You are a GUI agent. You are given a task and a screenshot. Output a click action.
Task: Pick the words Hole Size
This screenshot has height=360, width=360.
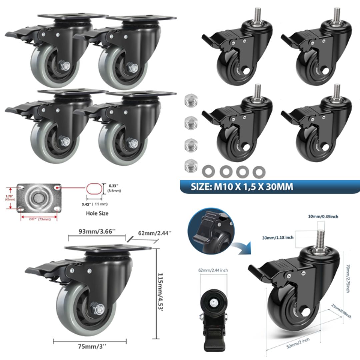tap(97, 213)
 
